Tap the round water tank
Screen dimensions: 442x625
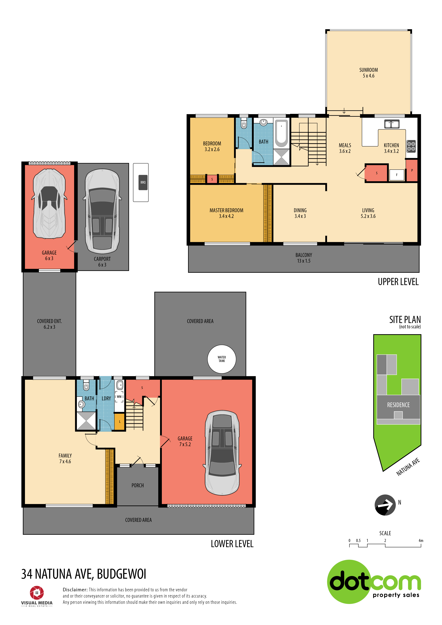222,359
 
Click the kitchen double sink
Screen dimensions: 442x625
392,124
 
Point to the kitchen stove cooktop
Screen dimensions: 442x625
411,146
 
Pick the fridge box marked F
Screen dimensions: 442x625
397,175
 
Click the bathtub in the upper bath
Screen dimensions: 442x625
281,133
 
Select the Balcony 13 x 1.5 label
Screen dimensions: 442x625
304,258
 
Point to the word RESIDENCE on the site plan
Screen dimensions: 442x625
399,405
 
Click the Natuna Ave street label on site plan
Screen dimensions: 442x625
408,467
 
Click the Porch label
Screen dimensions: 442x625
138,485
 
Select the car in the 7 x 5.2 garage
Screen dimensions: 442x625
222,452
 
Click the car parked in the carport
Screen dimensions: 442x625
102,211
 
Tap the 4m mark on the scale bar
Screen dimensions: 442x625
421,541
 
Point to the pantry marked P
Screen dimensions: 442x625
412,170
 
